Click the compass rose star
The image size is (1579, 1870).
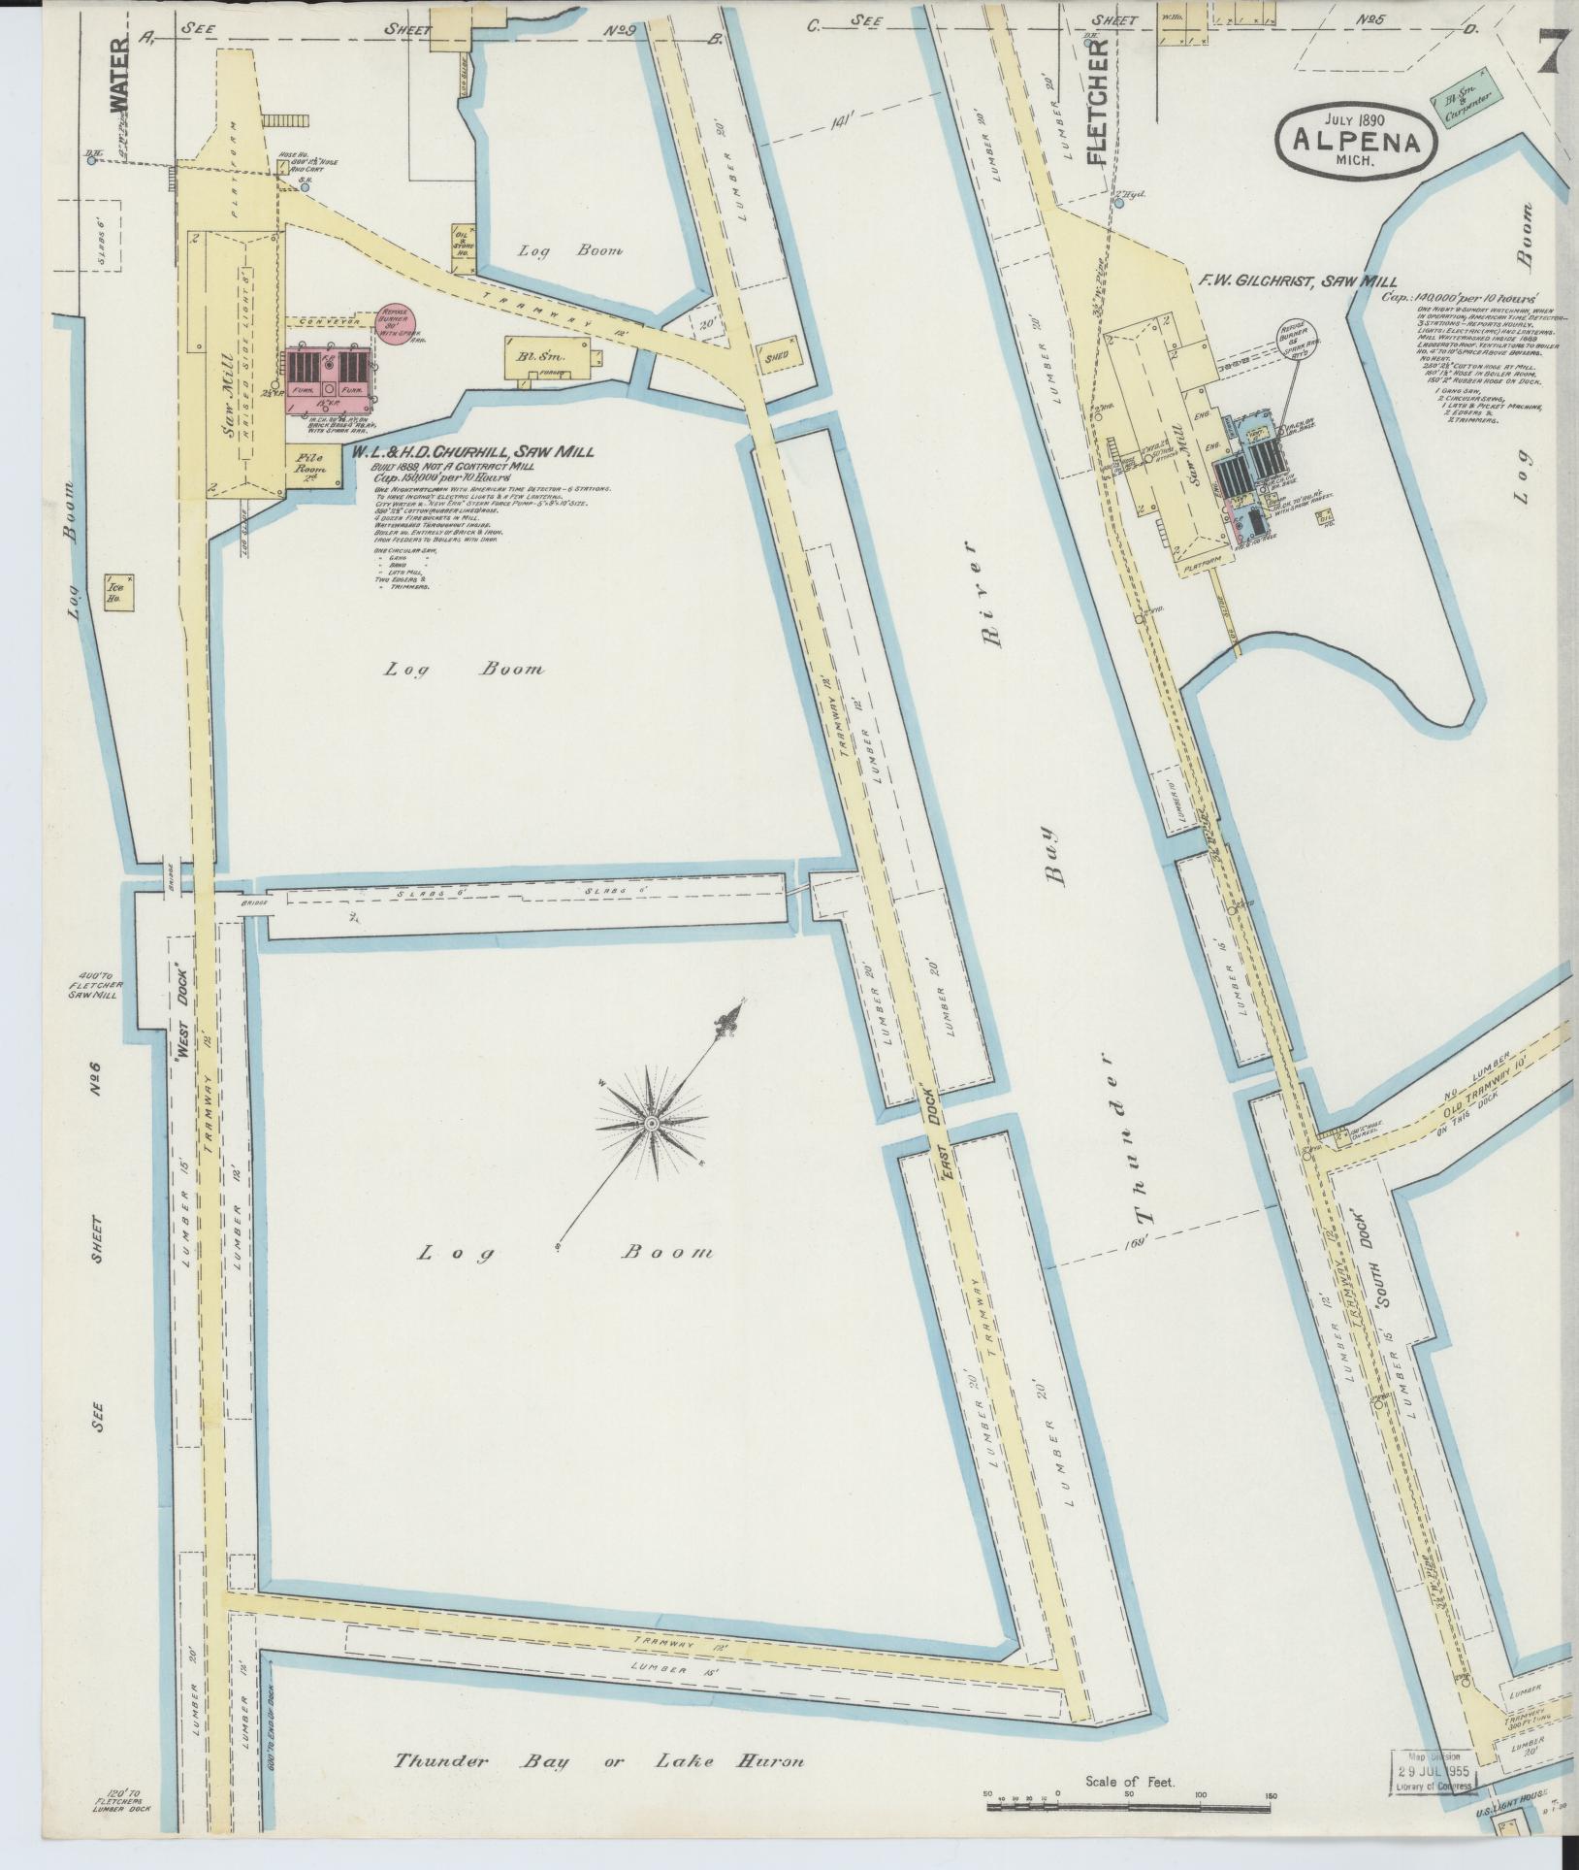(x=651, y=1123)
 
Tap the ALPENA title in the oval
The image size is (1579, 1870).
(x=1362, y=143)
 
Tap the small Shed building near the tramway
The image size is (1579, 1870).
(x=777, y=356)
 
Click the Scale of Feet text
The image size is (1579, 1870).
(x=1130, y=1781)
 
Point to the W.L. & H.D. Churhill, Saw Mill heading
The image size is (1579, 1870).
(x=480, y=451)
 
